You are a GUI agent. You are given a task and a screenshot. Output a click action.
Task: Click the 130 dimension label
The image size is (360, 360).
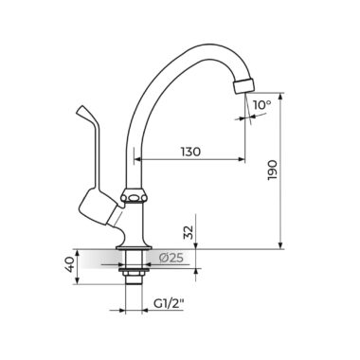pos(190,152)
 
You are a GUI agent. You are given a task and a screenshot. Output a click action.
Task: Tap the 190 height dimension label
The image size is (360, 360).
pos(272,171)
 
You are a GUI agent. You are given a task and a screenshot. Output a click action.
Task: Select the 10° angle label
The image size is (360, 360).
pos(262,105)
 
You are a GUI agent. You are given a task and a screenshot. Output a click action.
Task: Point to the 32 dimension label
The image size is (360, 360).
pos(189,233)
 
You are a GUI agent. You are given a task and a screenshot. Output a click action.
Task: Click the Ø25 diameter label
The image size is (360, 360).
pos(171,258)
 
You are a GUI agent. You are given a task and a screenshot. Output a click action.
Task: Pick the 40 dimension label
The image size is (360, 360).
pos(69,264)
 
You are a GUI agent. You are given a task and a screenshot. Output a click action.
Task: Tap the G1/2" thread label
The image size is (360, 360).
pos(169,304)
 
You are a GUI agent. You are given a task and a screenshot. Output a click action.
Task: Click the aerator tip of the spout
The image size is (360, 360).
pos(243,85)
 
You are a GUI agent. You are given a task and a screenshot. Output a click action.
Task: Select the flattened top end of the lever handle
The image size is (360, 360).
pos(82,111)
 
